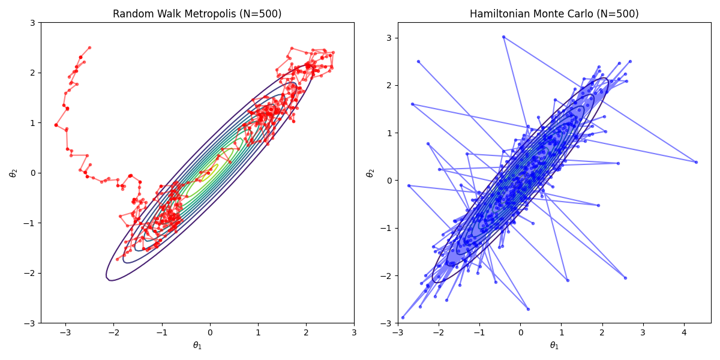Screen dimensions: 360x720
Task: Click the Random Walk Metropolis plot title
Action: coord(197,14)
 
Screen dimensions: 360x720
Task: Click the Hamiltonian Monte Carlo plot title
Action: coord(554,14)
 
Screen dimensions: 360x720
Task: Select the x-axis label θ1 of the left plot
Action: coord(197,346)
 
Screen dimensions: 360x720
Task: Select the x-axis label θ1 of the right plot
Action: coord(554,346)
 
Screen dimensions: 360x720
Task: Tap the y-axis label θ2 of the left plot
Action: coord(13,173)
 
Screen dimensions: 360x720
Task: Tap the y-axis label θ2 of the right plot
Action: coord(370,173)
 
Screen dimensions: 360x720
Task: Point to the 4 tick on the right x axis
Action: coord(684,332)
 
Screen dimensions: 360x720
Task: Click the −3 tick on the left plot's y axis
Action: coord(29,323)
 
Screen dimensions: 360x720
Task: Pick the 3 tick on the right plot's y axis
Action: coord(386,38)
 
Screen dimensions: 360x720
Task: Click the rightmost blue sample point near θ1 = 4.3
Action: coord(696,162)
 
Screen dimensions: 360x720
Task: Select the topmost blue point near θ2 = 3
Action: coord(503,37)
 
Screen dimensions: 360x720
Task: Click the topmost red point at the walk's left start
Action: coord(89,47)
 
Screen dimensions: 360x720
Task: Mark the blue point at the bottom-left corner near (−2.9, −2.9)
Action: coord(403,317)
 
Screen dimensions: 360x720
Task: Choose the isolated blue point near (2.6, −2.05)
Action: coord(625,278)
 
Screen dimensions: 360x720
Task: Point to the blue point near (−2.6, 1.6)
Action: coord(412,104)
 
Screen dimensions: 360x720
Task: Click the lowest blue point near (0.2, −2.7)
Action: coord(528,309)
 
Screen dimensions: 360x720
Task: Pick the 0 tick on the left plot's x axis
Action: coord(209,332)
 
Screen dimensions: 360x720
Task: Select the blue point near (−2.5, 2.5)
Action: coord(418,61)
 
